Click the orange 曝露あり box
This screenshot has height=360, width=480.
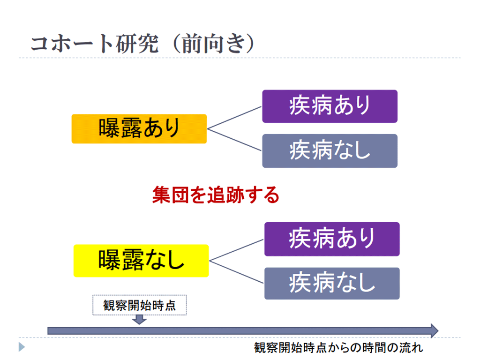click(139, 128)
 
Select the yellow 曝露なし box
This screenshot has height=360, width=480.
click(141, 261)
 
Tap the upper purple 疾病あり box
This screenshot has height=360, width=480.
click(330, 106)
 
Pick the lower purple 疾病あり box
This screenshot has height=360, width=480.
click(332, 239)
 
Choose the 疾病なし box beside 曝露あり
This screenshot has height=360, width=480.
click(330, 151)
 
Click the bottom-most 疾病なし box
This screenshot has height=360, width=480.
click(332, 283)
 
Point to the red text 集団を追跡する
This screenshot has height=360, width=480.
click(216, 195)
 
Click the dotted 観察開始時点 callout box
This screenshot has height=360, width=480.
click(140, 305)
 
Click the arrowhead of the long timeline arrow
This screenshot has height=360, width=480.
click(433, 330)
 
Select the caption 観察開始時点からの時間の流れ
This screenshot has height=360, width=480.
click(338, 348)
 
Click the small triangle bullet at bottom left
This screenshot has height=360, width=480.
click(21, 347)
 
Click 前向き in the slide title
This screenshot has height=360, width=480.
click(213, 44)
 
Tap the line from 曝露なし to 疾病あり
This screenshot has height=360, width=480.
click(237, 249)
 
